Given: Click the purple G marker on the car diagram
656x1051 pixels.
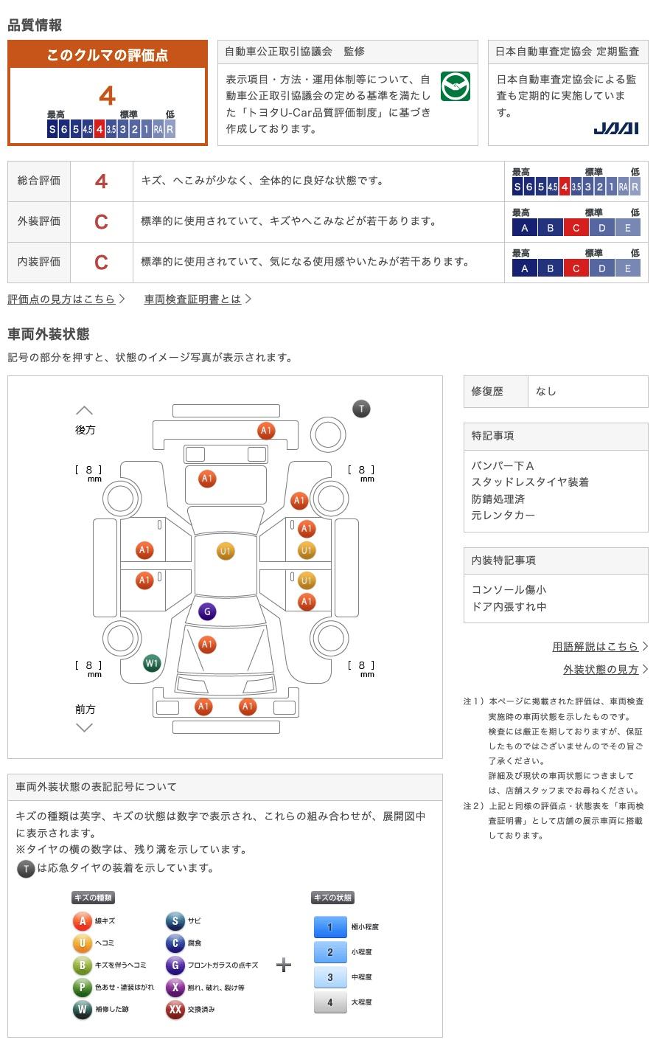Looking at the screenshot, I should tap(207, 611).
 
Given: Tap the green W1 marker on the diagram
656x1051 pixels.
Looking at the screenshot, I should tap(152, 663).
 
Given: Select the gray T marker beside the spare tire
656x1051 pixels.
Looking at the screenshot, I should tap(361, 409).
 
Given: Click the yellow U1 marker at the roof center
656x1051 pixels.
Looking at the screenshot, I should tap(226, 551).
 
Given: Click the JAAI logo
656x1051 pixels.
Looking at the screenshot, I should tap(615, 128).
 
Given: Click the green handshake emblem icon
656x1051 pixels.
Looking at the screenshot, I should tap(456, 87).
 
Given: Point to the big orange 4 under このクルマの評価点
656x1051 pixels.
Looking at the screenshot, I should tap(107, 97).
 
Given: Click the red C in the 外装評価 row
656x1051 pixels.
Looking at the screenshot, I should tap(101, 222).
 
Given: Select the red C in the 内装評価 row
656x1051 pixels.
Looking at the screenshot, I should tap(101, 263).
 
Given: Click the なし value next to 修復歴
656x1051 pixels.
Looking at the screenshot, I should tap(546, 392).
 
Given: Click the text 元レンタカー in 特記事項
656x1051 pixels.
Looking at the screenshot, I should tap(503, 516).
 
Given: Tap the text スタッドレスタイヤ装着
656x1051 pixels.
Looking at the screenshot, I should tap(530, 482).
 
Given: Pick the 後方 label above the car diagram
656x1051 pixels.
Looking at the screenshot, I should tap(86, 430).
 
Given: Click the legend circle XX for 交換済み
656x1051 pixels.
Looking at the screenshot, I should tap(175, 1009).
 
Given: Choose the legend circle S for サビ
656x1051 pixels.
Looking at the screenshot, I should tap(175, 921).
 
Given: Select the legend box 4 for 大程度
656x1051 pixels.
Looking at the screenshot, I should tap(330, 1002).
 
